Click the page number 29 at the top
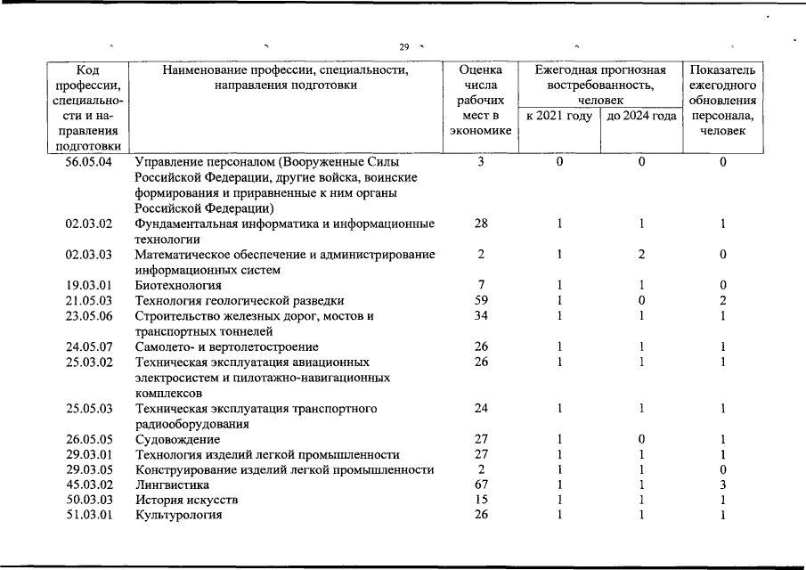(403, 46)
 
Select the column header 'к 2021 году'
(558, 116)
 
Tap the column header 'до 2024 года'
(640, 116)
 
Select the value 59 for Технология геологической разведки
(481, 300)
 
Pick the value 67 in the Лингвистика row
(481, 485)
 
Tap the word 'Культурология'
(178, 515)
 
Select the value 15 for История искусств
(481, 501)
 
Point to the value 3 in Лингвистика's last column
(723, 485)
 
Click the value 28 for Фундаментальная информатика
(481, 224)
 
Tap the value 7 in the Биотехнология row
(481, 285)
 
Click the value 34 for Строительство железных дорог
(481, 315)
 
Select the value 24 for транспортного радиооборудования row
(481, 409)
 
